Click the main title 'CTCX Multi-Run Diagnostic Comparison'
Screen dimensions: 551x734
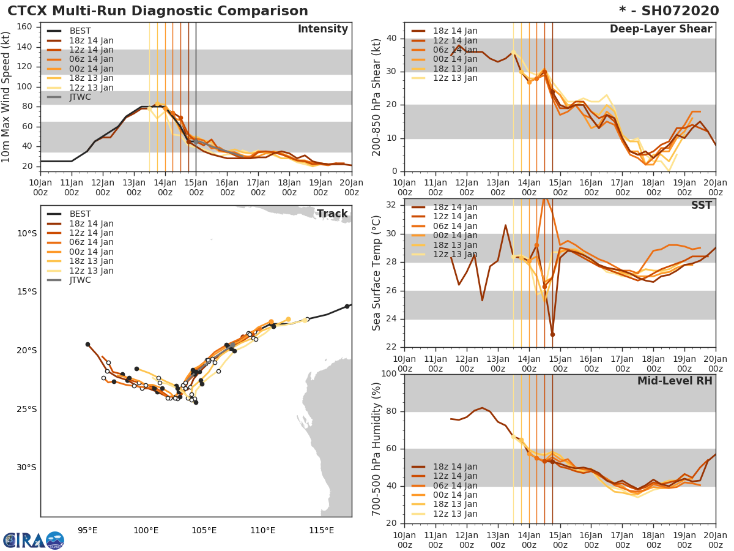tap(158, 11)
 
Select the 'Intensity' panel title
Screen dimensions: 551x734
tap(322, 29)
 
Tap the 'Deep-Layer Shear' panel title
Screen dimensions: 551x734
tap(661, 29)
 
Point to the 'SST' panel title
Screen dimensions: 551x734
tap(702, 206)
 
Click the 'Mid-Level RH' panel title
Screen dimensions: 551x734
tap(675, 381)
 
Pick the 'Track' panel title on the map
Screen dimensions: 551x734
tap(332, 214)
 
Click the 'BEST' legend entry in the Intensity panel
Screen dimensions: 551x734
tap(80, 31)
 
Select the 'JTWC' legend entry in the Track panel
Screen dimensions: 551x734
tap(80, 280)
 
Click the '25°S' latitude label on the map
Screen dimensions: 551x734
tap(26, 410)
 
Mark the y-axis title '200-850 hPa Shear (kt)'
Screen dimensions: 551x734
tap(377, 97)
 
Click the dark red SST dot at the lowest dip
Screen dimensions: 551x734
tap(552, 334)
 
